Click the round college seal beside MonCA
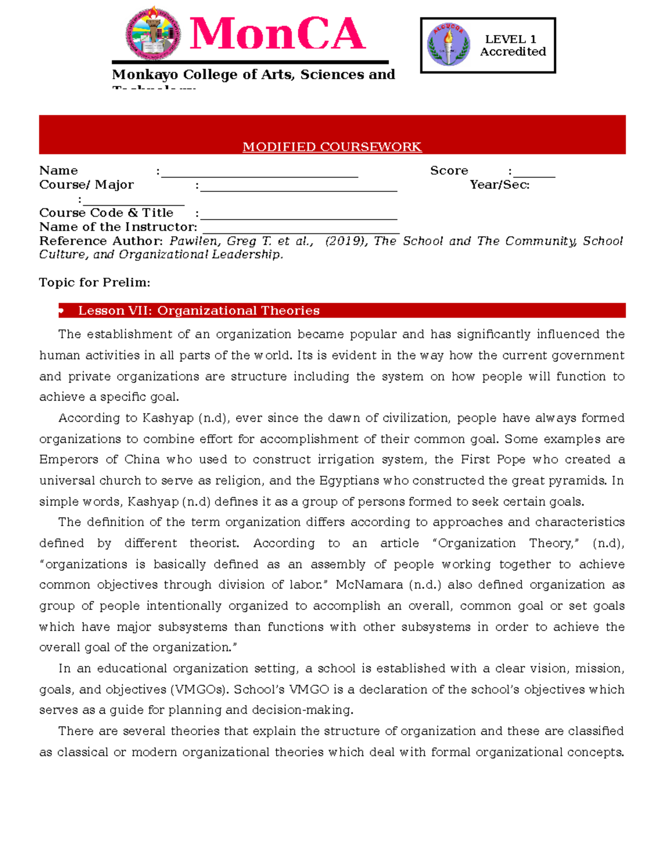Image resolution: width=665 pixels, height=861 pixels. (154, 34)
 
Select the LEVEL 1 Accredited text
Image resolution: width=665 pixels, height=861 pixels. (512, 45)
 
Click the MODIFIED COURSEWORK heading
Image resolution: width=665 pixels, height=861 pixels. (332, 147)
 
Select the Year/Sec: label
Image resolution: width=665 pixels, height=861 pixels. (499, 185)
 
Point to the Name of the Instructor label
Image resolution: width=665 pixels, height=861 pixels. (118, 227)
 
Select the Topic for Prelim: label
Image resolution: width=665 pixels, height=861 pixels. (95, 283)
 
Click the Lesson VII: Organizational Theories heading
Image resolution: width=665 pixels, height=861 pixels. (199, 310)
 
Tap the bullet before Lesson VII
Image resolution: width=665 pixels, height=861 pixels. (62, 311)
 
